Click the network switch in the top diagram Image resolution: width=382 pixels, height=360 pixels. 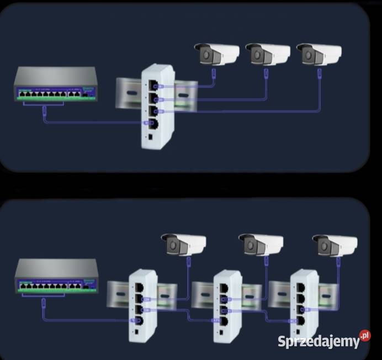(56, 86)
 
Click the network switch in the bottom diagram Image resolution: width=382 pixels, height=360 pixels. (56, 276)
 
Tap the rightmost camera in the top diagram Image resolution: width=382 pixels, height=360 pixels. (319, 54)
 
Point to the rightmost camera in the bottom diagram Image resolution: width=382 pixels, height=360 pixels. (335, 243)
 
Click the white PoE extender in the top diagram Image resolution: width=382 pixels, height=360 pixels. (157, 106)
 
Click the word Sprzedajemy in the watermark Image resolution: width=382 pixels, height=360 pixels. (318, 342)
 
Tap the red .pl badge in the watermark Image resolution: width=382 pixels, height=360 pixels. (364, 336)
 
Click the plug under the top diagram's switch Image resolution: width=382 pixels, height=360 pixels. (44, 114)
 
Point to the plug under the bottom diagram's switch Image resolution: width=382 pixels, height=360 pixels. (44, 303)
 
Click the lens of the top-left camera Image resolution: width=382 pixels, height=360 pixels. (206, 55)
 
